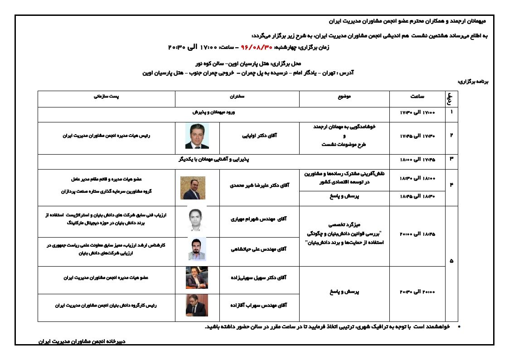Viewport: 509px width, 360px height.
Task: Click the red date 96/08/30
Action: (257, 47)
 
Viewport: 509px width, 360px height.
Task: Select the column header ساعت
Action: (417, 97)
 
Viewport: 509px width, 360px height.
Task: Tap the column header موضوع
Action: (344, 97)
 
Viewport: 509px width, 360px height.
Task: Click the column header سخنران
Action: (237, 97)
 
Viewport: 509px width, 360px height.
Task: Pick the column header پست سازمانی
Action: (106, 97)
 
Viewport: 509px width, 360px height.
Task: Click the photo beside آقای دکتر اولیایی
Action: (197, 136)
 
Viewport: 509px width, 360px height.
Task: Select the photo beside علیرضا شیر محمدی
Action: (193, 188)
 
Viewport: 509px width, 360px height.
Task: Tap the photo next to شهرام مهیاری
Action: (197, 219)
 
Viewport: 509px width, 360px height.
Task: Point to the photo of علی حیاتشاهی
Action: (197, 249)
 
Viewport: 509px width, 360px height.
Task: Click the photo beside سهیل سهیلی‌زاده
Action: (197, 278)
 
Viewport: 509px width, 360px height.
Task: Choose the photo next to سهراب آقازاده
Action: (197, 305)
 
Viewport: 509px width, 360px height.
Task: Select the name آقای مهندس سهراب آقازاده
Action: (258, 306)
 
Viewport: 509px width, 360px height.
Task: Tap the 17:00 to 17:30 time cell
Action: (417, 112)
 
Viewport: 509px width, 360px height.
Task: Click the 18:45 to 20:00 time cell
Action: (417, 234)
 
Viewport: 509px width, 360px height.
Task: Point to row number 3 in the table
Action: (451, 159)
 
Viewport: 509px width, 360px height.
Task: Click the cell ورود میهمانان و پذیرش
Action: (213, 112)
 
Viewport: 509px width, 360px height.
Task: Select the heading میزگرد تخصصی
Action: (344, 224)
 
